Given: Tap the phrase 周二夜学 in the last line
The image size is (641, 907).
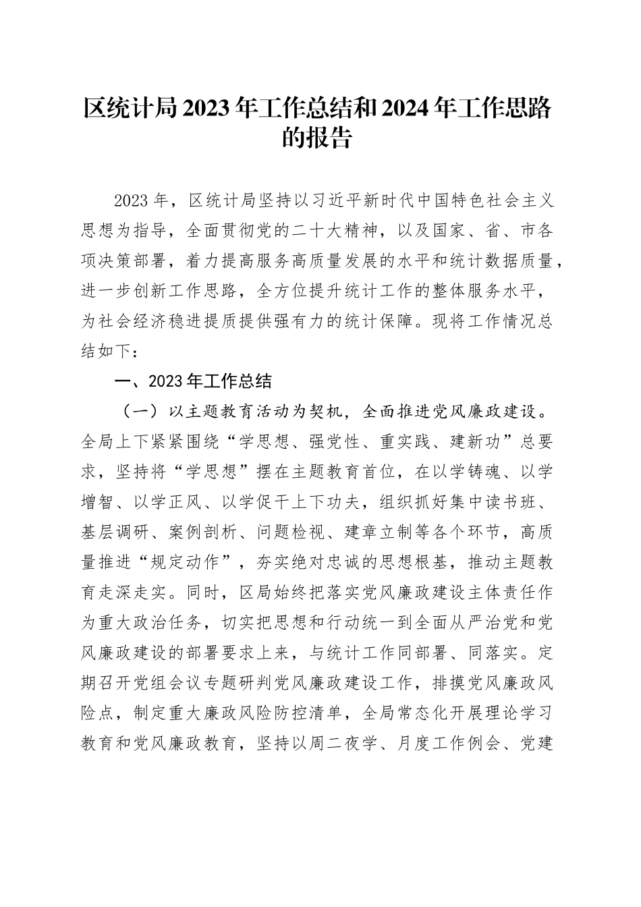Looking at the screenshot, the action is (x=336, y=743).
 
